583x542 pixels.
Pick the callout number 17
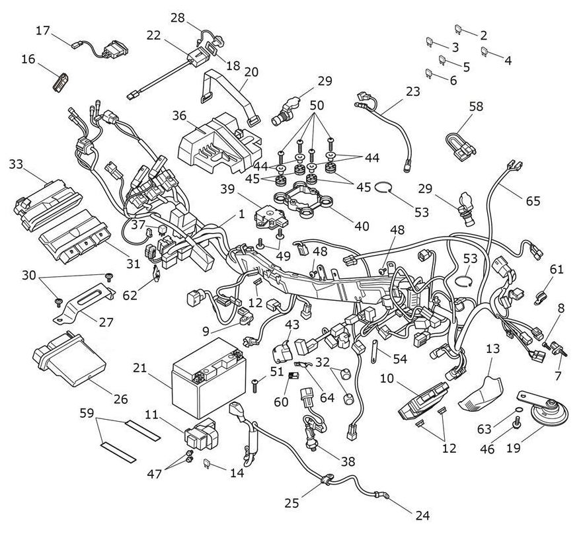[43, 30]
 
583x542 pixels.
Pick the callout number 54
[399, 358]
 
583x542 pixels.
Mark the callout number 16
[28, 59]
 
